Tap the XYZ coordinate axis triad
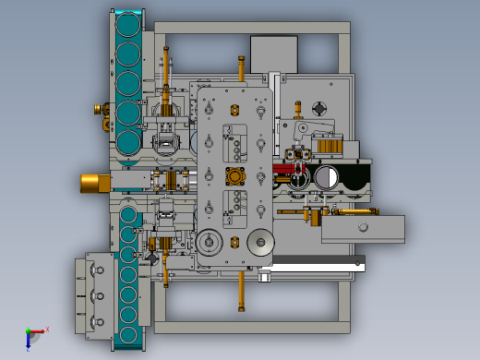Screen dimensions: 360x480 pos(33,335)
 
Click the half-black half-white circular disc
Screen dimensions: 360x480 pos(325,176)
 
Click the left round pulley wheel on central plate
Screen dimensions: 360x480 pos(210,244)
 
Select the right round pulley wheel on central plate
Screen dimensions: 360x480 pos(261,244)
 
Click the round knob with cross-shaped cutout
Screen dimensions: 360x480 pos(320,108)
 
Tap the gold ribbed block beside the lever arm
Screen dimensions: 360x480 pos(328,145)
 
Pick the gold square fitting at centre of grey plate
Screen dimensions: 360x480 pos(235,176)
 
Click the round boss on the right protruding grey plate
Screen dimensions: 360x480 pos(364,227)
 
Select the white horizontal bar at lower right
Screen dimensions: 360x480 pos(314,266)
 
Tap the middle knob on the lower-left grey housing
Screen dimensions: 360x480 pos(93,293)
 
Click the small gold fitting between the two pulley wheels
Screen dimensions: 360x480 pos(234,244)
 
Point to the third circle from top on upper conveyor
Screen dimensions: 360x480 pos(127,83)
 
